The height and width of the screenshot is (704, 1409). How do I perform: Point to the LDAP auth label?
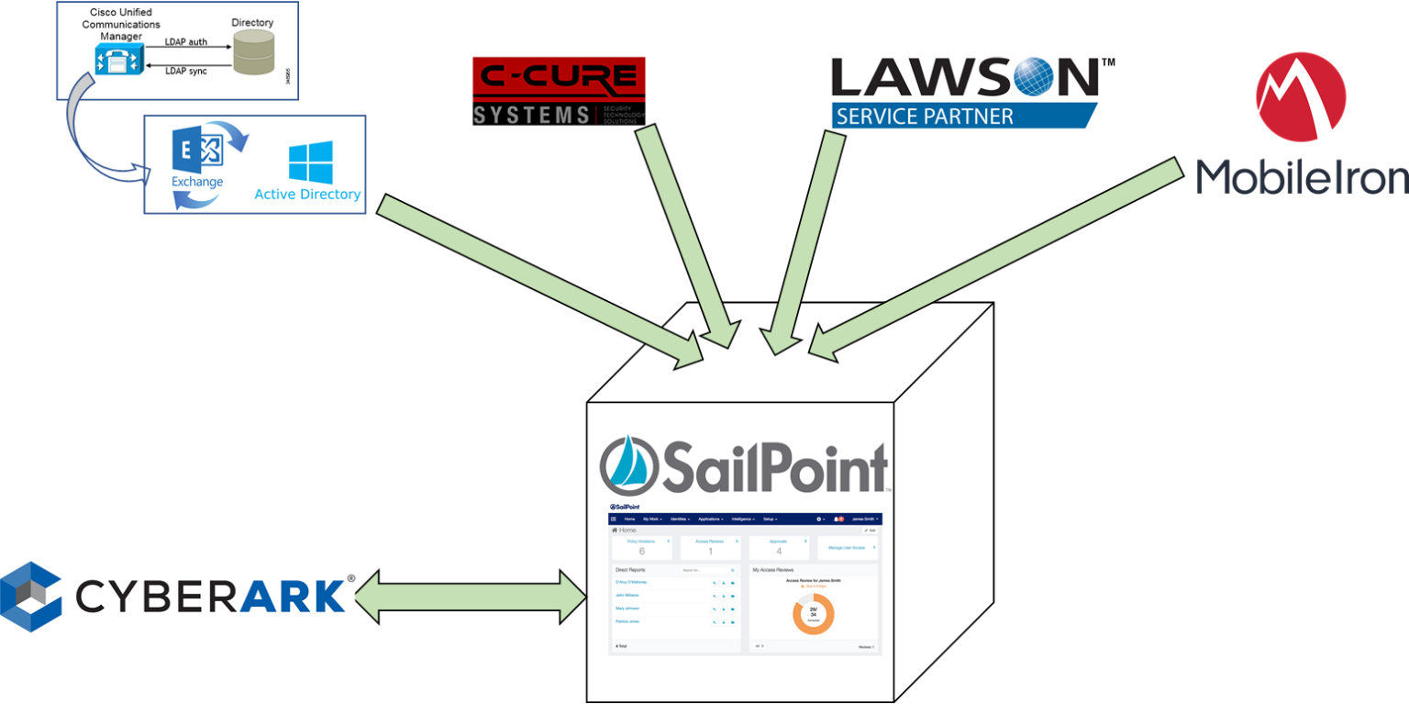(x=185, y=41)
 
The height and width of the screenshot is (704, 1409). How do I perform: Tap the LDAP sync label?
(x=185, y=71)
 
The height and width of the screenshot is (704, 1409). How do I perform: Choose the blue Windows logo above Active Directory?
(x=310, y=162)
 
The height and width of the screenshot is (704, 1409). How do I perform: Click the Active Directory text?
(x=307, y=195)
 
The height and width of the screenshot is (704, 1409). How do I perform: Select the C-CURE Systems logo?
(x=558, y=91)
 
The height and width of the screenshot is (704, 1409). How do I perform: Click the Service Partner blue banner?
(x=963, y=117)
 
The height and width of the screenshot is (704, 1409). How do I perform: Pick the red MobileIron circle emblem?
(x=1300, y=96)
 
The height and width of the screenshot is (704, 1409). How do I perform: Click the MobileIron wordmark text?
(x=1302, y=175)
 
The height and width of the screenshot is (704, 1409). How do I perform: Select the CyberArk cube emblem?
(x=31, y=597)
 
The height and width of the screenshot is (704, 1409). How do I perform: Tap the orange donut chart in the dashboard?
(x=813, y=614)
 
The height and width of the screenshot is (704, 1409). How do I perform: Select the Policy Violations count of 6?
(x=641, y=551)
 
